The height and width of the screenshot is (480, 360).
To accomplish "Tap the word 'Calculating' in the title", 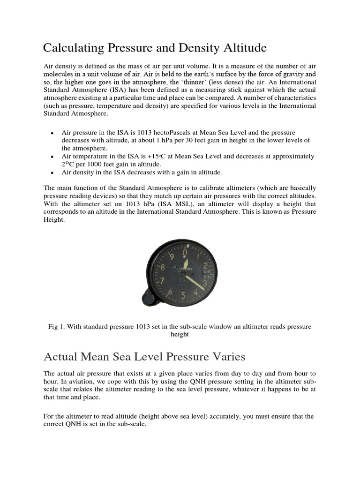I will coord(75,48).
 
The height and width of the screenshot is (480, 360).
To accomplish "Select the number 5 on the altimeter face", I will coord(183,296).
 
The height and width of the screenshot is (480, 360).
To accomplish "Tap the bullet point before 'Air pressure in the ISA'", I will coord(51,133).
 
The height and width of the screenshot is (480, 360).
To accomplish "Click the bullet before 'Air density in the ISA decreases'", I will coord(51,172).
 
